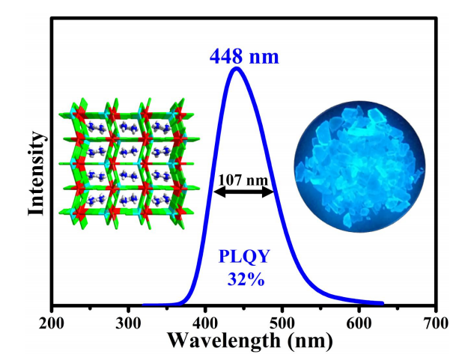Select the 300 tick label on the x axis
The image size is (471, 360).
pyautogui.click(x=128, y=323)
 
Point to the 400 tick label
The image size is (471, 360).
pyautogui.click(x=205, y=323)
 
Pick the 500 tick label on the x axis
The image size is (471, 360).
pyautogui.click(x=282, y=323)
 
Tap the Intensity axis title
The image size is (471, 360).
pyautogui.click(x=34, y=173)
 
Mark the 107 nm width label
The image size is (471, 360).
pyautogui.click(x=243, y=180)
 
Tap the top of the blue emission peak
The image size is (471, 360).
pyautogui.click(x=237, y=68)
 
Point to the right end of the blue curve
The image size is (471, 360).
pyautogui.click(x=383, y=304)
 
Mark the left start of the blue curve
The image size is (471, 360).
pyautogui.click(x=145, y=305)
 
